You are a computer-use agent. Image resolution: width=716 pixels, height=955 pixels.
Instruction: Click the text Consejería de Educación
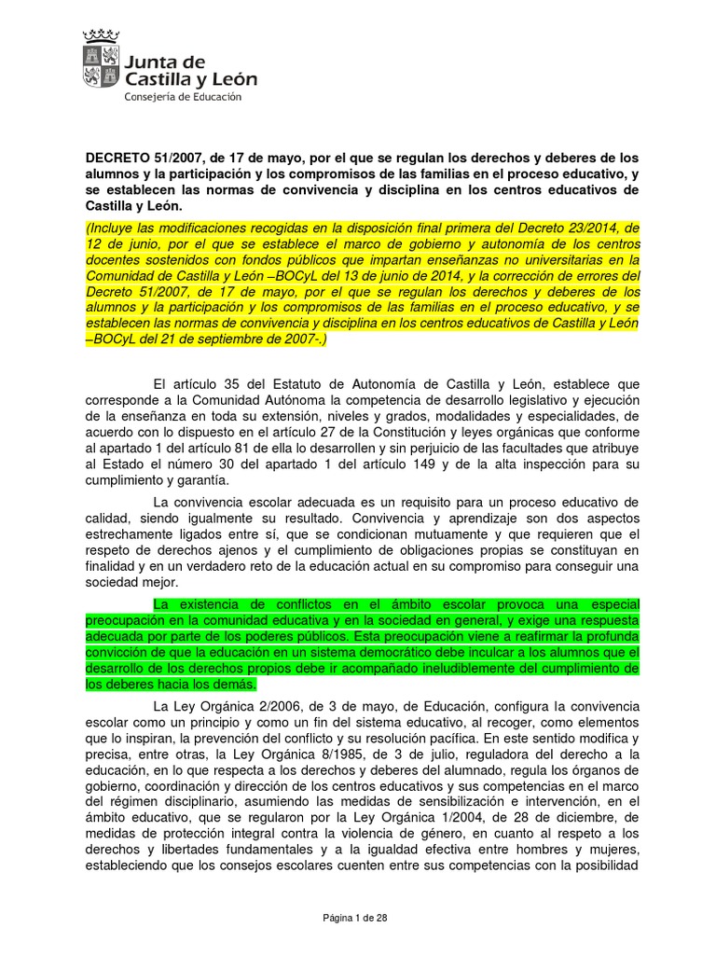[184, 97]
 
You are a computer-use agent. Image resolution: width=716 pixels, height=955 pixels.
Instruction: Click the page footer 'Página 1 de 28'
[354, 919]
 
